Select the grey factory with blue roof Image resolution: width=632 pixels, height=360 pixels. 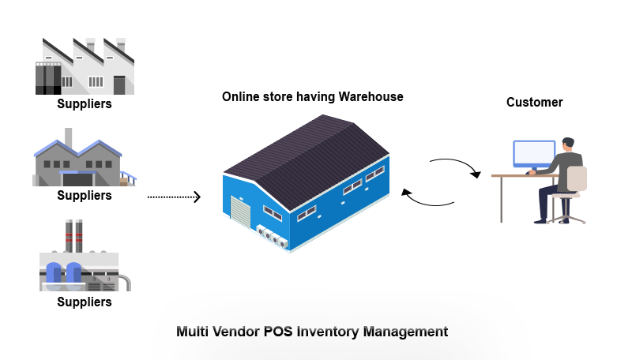[x=79, y=162]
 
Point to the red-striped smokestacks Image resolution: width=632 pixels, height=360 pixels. [x=73, y=234]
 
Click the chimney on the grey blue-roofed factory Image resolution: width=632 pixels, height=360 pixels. [x=69, y=138]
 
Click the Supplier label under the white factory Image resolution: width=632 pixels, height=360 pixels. [x=84, y=104]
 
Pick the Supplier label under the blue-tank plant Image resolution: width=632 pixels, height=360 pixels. [x=84, y=302]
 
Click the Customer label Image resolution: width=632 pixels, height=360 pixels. [x=534, y=102]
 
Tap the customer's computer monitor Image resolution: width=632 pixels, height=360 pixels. [x=533, y=153]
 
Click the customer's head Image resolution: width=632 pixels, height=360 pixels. [x=567, y=145]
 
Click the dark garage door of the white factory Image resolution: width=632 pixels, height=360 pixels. [x=119, y=84]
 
